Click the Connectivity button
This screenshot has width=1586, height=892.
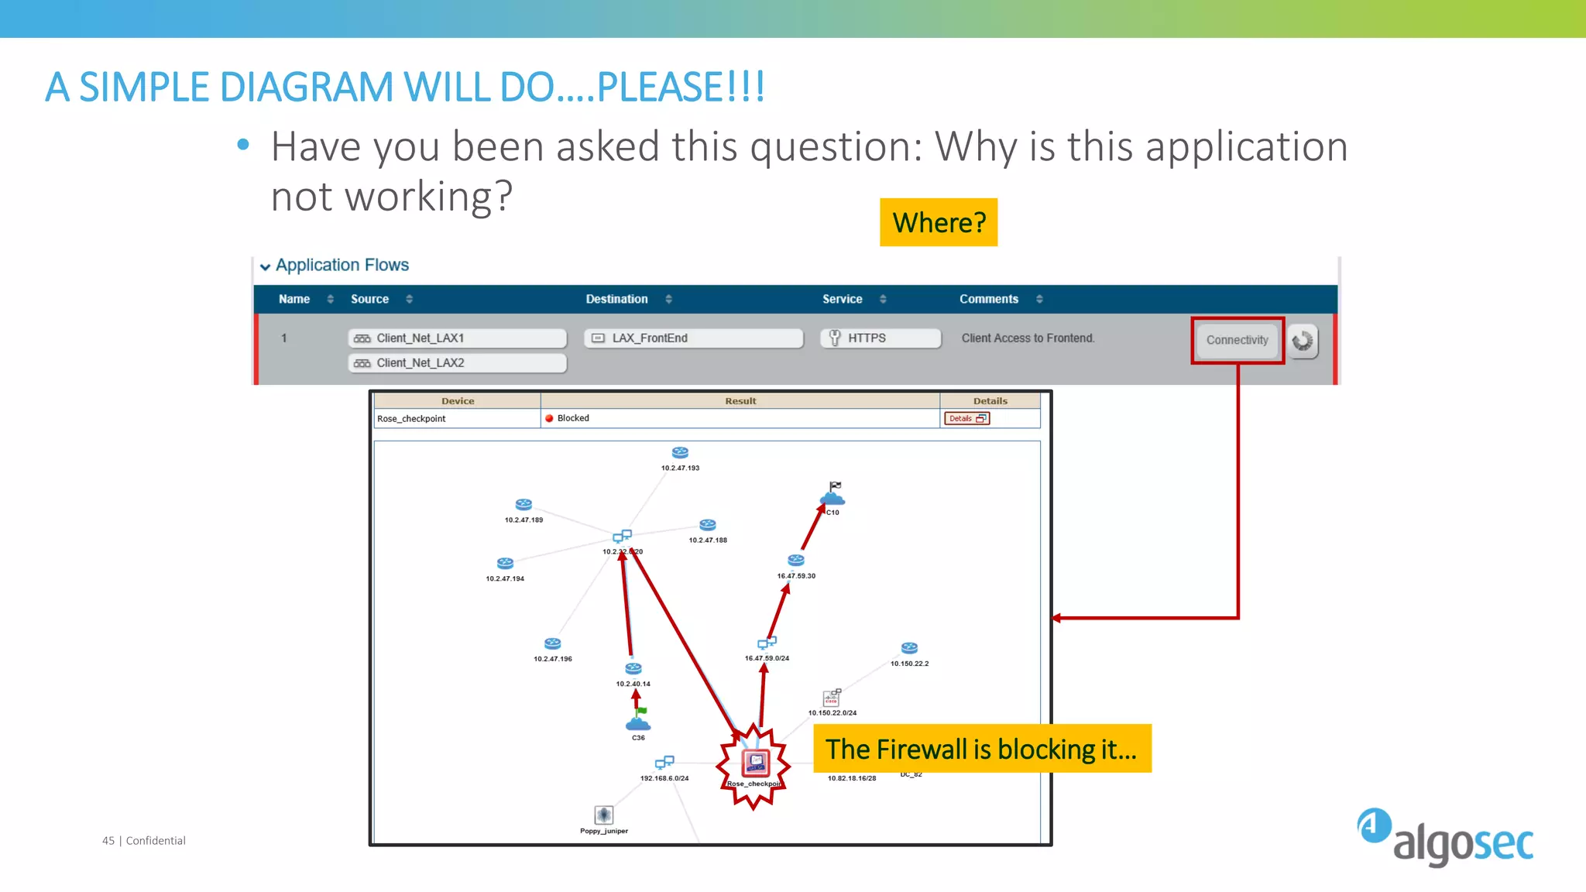click(x=1237, y=340)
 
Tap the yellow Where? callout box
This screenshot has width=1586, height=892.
click(x=939, y=223)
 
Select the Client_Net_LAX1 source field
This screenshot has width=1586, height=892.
click(x=457, y=338)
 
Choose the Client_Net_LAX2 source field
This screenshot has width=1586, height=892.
click(x=457, y=363)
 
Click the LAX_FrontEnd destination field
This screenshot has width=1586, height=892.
click(x=693, y=338)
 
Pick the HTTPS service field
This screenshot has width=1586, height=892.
click(x=881, y=338)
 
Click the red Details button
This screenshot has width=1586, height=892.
click(x=966, y=418)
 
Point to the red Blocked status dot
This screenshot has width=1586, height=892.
click(x=549, y=418)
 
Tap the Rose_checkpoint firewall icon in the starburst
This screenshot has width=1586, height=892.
click(x=755, y=763)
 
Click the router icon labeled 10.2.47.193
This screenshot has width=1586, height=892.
click(x=680, y=453)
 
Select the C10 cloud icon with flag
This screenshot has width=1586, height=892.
click(x=832, y=494)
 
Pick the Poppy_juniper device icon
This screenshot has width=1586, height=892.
click(x=604, y=815)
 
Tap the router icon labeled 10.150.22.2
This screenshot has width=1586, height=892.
click(x=909, y=648)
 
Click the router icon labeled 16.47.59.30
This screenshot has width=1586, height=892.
click(x=796, y=560)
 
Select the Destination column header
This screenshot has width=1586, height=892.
click(x=616, y=299)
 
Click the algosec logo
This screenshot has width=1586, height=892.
click(x=1445, y=837)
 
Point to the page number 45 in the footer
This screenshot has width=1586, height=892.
click(x=108, y=841)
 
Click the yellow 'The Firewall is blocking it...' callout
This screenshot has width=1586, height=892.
click(x=982, y=749)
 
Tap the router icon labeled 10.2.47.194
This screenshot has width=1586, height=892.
click(x=505, y=563)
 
